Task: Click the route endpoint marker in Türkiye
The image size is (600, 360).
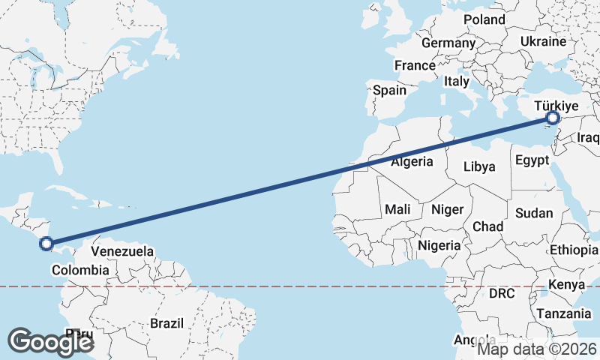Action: (x=553, y=118)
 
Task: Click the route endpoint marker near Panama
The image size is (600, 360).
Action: (x=46, y=243)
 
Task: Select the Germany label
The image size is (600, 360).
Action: (x=448, y=43)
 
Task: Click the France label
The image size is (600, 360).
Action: (x=415, y=65)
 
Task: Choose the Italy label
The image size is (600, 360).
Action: (x=456, y=81)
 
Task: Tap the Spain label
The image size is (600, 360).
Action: (x=389, y=90)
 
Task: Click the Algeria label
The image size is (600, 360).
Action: (x=412, y=161)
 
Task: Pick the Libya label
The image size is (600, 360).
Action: (x=479, y=166)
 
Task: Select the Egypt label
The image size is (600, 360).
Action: (x=532, y=160)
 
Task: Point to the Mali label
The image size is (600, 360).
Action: (x=397, y=209)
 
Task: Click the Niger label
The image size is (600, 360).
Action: (x=448, y=209)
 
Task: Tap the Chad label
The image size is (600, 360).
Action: (x=487, y=226)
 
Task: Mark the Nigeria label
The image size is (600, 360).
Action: (x=439, y=245)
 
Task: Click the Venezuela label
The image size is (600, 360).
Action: (x=122, y=250)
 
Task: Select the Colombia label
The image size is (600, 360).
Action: (x=80, y=270)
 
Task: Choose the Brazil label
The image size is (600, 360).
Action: (x=166, y=323)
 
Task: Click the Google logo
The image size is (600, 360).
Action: (x=50, y=341)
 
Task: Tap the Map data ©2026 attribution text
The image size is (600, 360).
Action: (x=537, y=349)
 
